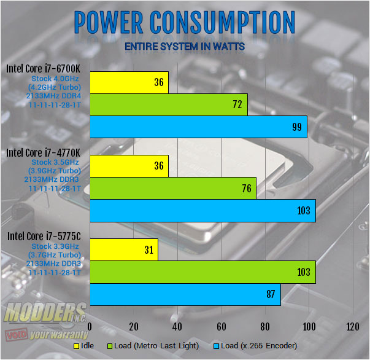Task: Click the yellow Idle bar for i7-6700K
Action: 129,82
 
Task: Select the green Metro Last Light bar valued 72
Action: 169,105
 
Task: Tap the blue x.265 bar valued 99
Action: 198,127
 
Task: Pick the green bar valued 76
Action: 173,188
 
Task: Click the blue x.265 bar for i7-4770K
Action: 202,211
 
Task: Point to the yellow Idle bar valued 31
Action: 124,249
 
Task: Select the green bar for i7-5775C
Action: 202,272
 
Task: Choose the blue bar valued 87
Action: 185,294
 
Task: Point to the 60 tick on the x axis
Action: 222,326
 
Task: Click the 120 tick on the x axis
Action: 352,326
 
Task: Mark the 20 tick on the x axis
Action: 134,326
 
